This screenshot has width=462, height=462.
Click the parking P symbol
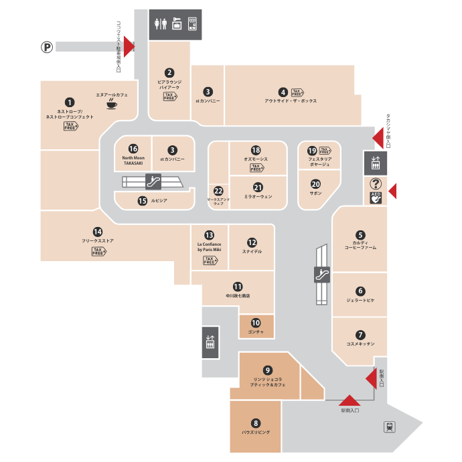47,47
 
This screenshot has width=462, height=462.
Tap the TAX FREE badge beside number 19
325,151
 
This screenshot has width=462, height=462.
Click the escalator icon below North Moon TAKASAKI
153,181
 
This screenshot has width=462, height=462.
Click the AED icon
375,198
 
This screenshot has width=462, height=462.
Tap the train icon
388,427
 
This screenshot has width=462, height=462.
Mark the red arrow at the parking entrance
129,47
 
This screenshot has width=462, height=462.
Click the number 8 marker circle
255,422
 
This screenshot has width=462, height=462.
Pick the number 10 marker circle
256,323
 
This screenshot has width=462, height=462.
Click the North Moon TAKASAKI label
133,161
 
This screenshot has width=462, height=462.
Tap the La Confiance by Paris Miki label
209,247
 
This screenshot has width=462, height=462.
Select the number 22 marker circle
218,190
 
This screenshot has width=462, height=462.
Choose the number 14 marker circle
98,232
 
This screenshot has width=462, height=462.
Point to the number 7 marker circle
360,335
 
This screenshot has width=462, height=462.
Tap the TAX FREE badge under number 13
210,260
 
